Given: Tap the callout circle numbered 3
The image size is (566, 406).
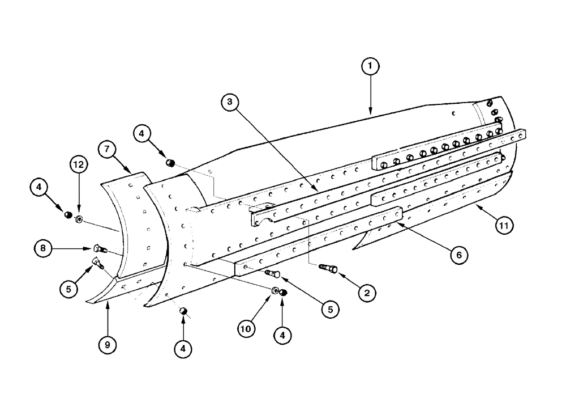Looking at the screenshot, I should point(230,102).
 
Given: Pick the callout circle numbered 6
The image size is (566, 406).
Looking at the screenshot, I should point(459,255).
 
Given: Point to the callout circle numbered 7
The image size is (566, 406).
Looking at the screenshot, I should point(106,151).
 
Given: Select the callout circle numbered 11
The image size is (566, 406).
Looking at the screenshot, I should point(504,225).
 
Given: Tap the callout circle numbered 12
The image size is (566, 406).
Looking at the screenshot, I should point(79,165).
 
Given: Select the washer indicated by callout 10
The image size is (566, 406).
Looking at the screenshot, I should point(275,291).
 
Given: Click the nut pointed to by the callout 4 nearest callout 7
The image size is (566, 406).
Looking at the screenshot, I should point(169,163).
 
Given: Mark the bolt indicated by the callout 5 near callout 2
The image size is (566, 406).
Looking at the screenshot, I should point(273,274).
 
